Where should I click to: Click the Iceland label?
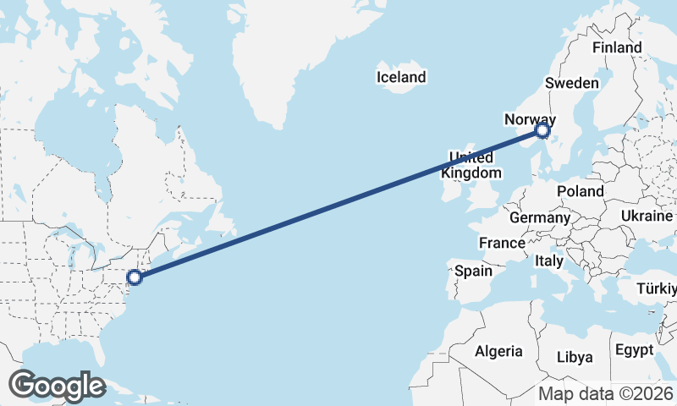pos(401,78)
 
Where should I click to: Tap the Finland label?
pos(617,48)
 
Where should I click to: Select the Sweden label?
pos(572,83)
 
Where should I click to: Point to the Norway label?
pos(529,120)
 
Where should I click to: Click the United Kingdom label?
pos(471,165)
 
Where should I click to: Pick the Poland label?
pos(581,191)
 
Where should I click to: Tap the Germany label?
pos(540,217)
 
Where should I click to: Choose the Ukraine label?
pos(647,217)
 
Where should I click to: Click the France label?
pos(502,243)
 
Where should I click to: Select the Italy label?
pos(549,262)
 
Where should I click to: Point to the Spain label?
pos(473,271)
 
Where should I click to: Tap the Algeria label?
pos(498,351)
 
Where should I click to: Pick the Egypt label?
pos(635,350)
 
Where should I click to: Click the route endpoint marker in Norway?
pos(543,131)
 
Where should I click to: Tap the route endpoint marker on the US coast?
pos(134,277)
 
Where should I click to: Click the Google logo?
pos(57,386)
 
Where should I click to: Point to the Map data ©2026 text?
pos(606,393)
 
